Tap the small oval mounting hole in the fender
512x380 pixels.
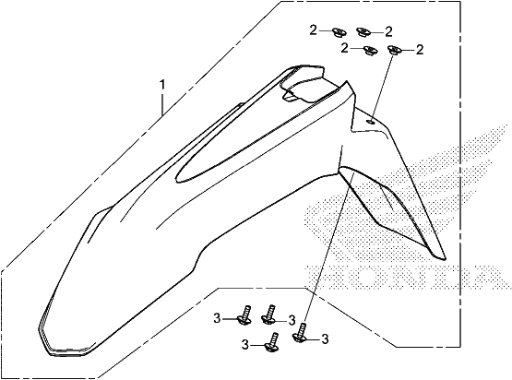[x=371, y=122]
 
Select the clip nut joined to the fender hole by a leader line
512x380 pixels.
[x=393, y=51]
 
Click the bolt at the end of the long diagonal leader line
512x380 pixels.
[x=301, y=332]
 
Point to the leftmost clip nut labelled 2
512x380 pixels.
[x=339, y=32]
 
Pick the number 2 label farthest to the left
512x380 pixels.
[x=313, y=30]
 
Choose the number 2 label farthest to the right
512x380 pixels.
[x=419, y=50]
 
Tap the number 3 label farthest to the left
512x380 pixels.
[x=217, y=318]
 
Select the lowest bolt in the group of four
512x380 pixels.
[x=271, y=342]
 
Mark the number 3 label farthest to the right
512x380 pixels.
[x=325, y=339]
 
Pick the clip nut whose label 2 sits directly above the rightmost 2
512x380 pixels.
[x=363, y=32]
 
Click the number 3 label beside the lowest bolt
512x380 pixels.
[x=245, y=345]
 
